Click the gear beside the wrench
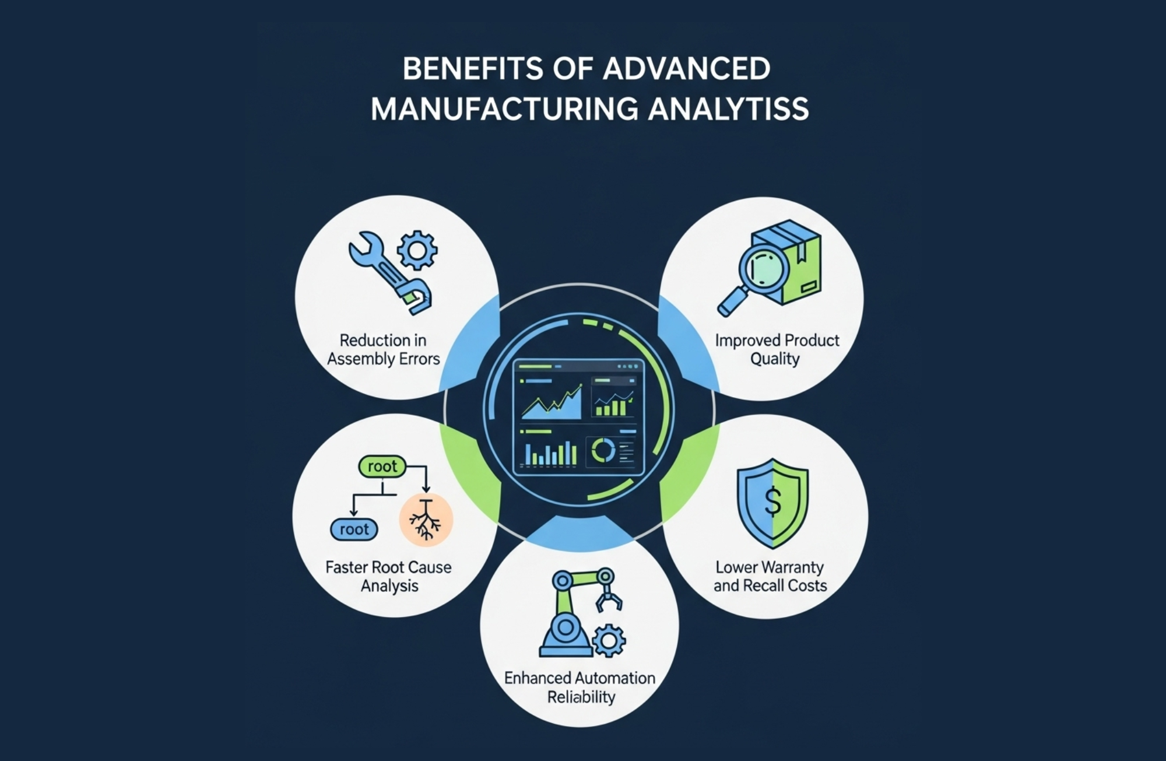point(417,250)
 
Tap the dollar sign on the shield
point(773,502)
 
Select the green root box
point(382,467)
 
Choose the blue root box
point(354,529)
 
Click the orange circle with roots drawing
point(426,520)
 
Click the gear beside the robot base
point(609,641)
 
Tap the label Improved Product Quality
point(777,349)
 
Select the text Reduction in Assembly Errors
point(383,349)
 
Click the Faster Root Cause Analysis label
point(388,576)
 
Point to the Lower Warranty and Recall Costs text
point(770,576)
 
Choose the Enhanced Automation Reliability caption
point(580,688)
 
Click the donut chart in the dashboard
point(603,451)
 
